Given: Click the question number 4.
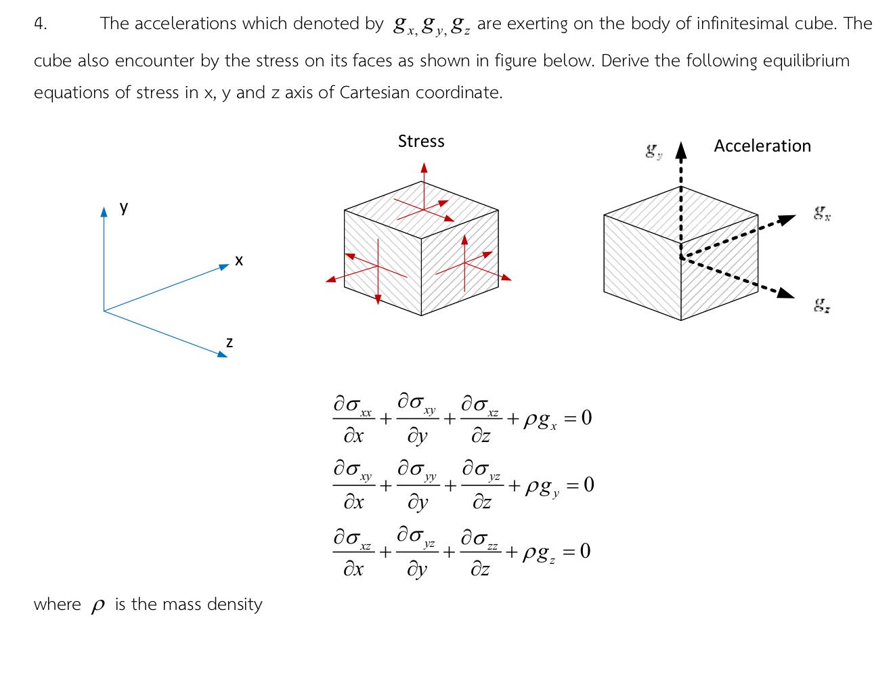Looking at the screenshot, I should pyautogui.click(x=40, y=24).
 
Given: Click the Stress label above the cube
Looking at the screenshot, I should pyautogui.click(x=421, y=141).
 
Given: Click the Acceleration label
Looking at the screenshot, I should pyautogui.click(x=762, y=146).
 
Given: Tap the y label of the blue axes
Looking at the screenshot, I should pyautogui.click(x=124, y=207).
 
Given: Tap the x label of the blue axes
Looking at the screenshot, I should pyautogui.click(x=238, y=260).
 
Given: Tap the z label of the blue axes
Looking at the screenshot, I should pyautogui.click(x=230, y=343).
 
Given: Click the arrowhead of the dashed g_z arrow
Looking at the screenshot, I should pyautogui.click(x=785, y=293).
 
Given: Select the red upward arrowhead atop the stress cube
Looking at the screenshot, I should pyautogui.click(x=424, y=167).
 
